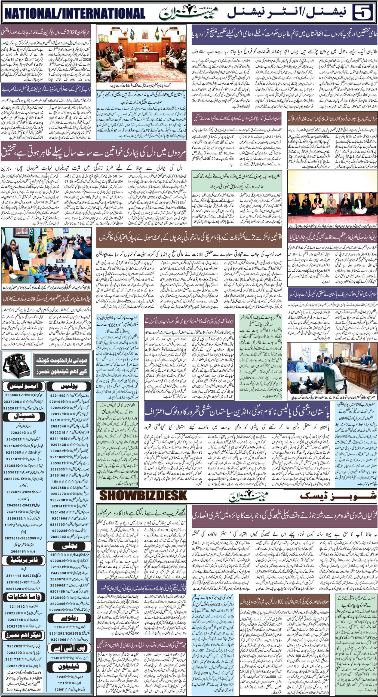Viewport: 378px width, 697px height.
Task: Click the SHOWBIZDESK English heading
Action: (143, 495)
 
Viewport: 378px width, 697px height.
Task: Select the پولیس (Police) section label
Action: (70, 386)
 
